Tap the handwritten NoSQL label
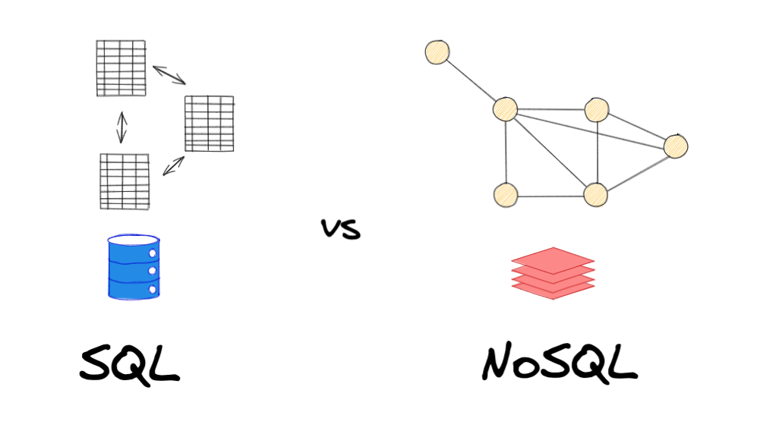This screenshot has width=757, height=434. click(x=559, y=363)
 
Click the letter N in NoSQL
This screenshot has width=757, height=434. click(x=500, y=364)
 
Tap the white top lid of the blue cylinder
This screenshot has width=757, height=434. click(x=134, y=241)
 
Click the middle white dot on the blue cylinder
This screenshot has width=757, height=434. click(x=153, y=270)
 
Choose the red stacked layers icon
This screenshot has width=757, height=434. click(x=553, y=273)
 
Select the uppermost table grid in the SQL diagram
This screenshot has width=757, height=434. click(x=121, y=68)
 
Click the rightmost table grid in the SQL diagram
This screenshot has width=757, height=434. click(x=209, y=124)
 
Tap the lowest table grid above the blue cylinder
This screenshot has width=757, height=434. click(x=125, y=181)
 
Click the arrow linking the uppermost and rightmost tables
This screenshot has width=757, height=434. click(x=169, y=75)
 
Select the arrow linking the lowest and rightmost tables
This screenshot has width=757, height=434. click(x=173, y=165)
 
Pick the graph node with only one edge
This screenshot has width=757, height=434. click(x=437, y=52)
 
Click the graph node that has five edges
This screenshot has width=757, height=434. click(x=505, y=109)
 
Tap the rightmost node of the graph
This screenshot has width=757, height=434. click(x=675, y=146)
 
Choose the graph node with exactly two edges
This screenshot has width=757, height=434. click(x=505, y=195)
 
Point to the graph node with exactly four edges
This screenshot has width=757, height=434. click(x=596, y=195)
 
